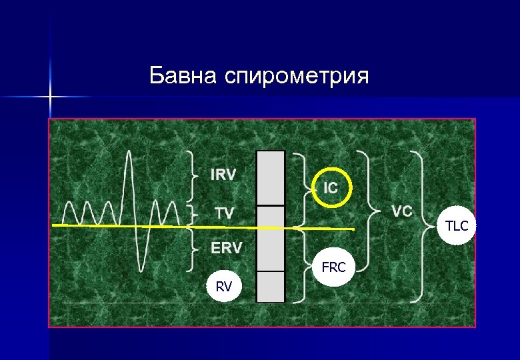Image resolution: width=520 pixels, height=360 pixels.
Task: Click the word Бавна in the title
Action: pyautogui.click(x=185, y=75)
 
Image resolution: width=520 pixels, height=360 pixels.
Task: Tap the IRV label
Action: pyautogui.click(x=223, y=175)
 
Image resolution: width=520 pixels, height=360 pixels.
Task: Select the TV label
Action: pyautogui.click(x=224, y=213)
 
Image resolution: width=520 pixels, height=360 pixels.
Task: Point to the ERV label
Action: pyautogui.click(x=227, y=248)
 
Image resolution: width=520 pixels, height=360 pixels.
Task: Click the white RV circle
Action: pyautogui.click(x=224, y=287)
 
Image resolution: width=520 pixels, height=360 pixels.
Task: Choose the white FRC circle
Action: pyautogui.click(x=333, y=268)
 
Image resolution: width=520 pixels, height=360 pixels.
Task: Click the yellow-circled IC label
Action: pyautogui.click(x=331, y=188)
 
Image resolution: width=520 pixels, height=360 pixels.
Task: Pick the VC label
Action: pyautogui.click(x=401, y=211)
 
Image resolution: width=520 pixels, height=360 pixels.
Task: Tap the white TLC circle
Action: pyautogui.click(x=457, y=226)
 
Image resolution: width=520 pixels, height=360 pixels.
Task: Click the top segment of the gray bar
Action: pyautogui.click(x=271, y=178)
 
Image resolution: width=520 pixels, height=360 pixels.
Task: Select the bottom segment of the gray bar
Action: pyautogui.click(x=271, y=286)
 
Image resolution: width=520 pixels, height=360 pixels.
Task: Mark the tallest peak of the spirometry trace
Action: pyautogui.click(x=131, y=153)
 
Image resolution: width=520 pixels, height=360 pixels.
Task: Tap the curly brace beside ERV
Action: pyautogui.click(x=192, y=249)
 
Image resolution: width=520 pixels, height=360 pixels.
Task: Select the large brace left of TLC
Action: pyautogui.click(x=421, y=227)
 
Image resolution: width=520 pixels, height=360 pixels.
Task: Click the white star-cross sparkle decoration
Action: pyautogui.click(x=51, y=97)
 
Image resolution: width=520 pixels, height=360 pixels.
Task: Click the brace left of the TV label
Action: pyautogui.click(x=193, y=213)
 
